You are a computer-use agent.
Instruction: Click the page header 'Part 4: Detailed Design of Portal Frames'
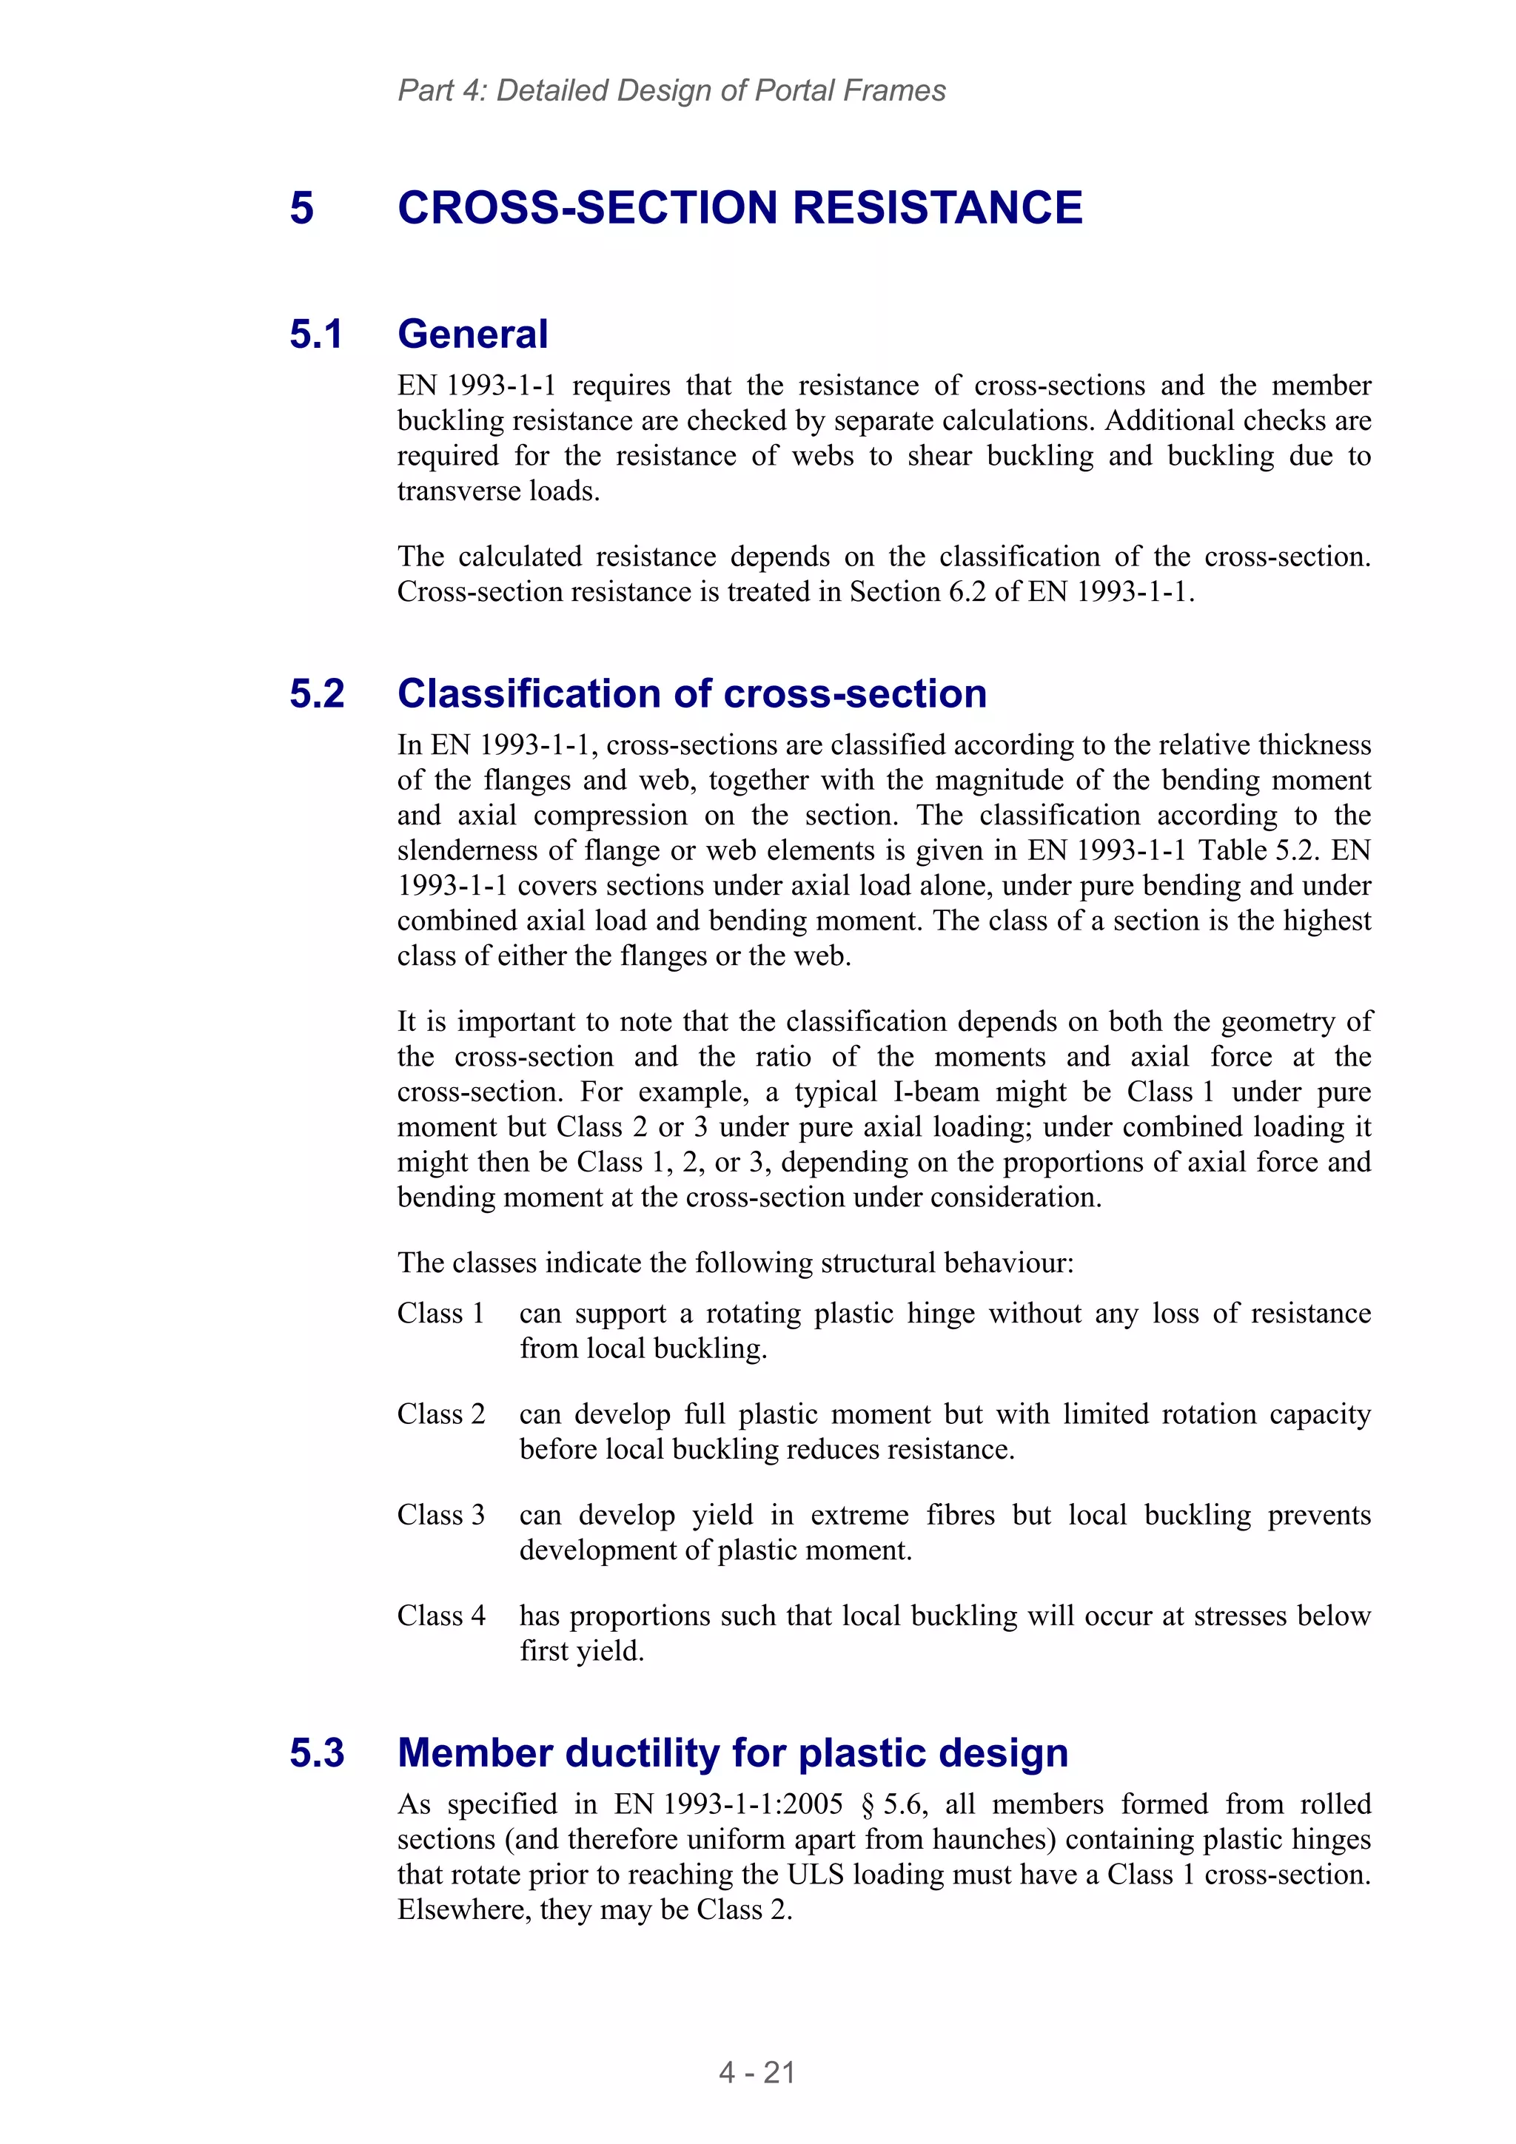[x=671, y=90]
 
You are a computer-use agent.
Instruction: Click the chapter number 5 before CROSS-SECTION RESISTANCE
[x=302, y=207]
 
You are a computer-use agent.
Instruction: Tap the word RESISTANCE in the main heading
[x=938, y=207]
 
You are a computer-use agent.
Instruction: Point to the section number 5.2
[x=317, y=693]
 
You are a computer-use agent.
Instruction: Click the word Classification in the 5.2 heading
[x=529, y=693]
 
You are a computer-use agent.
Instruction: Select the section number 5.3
[x=317, y=1752]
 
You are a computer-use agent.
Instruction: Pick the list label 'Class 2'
[x=441, y=1414]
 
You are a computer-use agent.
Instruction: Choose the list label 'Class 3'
[x=441, y=1515]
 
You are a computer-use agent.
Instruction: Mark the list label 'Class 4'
[x=441, y=1616]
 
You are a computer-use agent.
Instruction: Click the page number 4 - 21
[x=757, y=2072]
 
